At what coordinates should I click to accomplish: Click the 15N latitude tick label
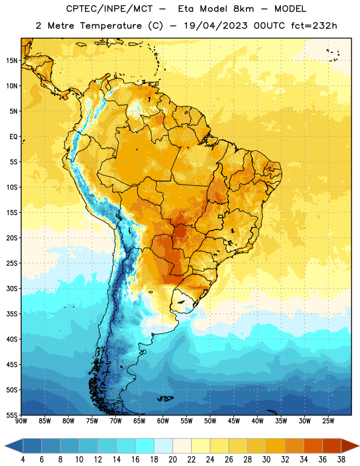coord(12,61)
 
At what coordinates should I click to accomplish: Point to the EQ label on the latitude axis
coord(13,137)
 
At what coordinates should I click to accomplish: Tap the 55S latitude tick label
coord(12,415)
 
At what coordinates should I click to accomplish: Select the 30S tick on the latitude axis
coord(12,288)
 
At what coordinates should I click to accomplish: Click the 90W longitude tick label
coord(21,421)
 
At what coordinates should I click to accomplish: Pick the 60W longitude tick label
coord(163,421)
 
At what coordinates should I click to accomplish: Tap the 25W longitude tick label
coord(328,421)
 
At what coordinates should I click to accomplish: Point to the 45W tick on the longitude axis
coord(234,421)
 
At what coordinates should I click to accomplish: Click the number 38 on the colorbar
coord(341,460)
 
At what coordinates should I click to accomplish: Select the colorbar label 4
coord(23,460)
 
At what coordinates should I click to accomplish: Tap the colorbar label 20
coord(172,460)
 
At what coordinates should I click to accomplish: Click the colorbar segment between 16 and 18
coord(145,446)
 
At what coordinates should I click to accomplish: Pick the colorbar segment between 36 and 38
coord(332,446)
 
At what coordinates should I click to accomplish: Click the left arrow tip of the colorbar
coord(5,446)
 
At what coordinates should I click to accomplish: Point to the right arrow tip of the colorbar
coord(359,446)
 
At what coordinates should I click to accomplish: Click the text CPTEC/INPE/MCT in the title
coord(109,9)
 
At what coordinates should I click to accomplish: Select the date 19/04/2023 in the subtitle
coord(216,26)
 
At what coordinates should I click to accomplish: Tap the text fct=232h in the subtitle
coord(314,26)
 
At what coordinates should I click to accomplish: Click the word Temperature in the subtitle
coord(111,26)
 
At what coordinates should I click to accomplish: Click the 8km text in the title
coord(243,9)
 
